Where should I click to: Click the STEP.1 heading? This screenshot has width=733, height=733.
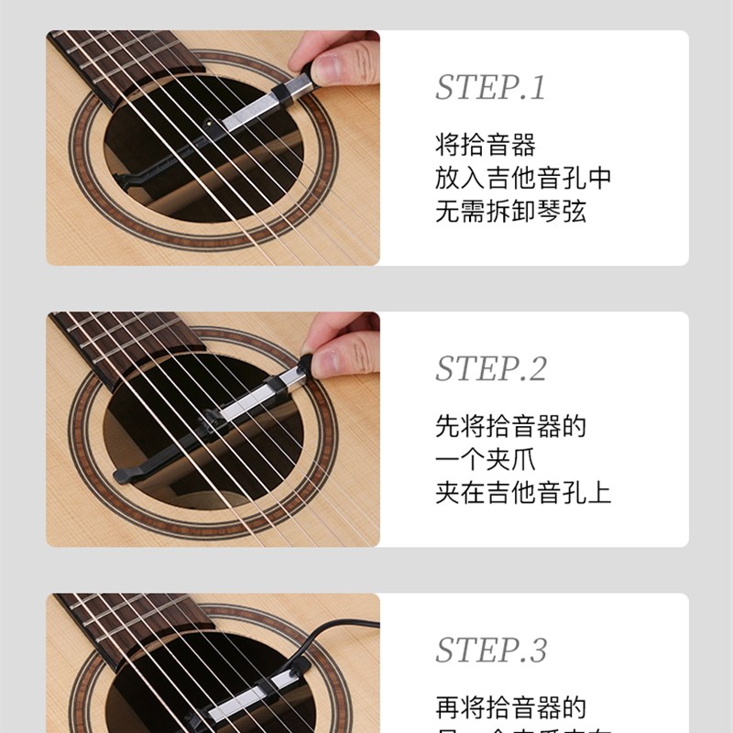pyautogui.click(x=490, y=88)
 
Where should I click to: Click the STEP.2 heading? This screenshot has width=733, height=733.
pyautogui.click(x=490, y=368)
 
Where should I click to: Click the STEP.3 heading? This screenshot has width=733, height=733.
pyautogui.click(x=490, y=650)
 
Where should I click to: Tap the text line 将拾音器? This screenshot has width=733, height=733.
pyautogui.click(x=485, y=145)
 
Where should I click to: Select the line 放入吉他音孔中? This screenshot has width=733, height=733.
pyautogui.click(x=522, y=178)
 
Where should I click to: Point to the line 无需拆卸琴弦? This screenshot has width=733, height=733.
pyautogui.click(x=509, y=212)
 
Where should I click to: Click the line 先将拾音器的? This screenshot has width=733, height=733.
pyautogui.click(x=509, y=426)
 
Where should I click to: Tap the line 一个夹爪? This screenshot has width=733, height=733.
pyautogui.click(x=485, y=459)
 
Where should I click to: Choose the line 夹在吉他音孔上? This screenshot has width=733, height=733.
pyautogui.click(x=522, y=493)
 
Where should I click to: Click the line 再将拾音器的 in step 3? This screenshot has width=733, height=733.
pyautogui.click(x=509, y=707)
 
